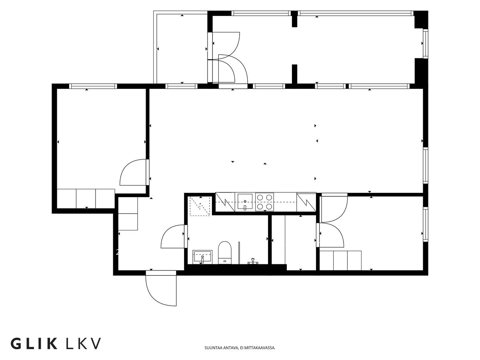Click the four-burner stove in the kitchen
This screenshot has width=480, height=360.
264,202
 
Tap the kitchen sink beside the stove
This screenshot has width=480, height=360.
245,202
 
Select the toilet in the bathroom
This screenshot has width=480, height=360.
225,252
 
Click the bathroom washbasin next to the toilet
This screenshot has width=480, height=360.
202,257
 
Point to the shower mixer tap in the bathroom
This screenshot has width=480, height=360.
253,261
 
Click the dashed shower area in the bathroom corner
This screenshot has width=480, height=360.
200,206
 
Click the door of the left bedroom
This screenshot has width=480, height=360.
133,172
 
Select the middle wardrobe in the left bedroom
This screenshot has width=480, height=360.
86,198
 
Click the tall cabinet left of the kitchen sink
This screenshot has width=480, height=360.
225,202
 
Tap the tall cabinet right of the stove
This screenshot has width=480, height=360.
306,202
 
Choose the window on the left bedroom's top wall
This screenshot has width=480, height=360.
93,86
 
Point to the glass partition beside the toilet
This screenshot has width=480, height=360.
239,253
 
